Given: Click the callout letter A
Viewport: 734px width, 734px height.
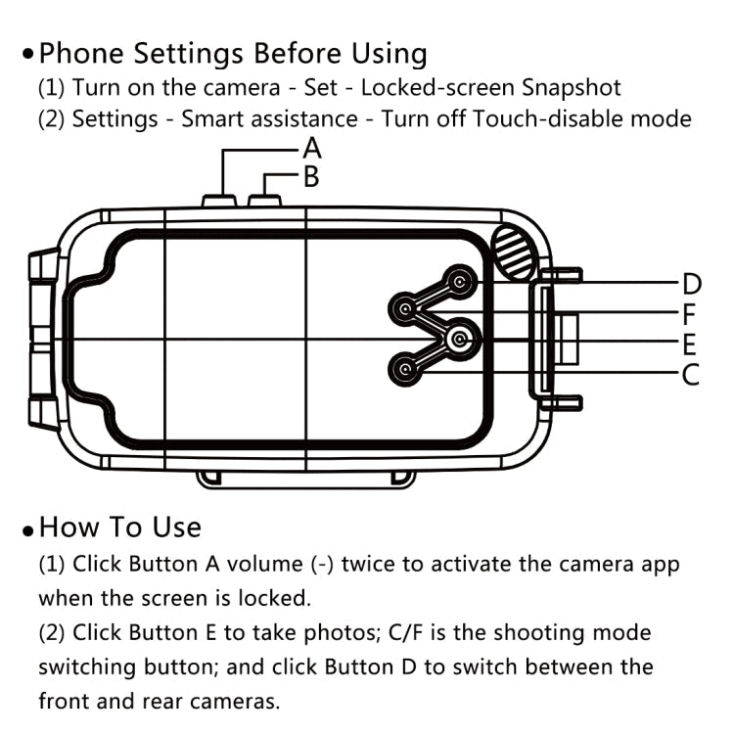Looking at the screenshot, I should click(312, 149).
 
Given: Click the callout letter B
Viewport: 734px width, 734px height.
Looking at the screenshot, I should click(311, 177).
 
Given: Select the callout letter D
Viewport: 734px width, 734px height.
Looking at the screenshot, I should click(691, 285).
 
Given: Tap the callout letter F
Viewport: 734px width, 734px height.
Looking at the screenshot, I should click(690, 315).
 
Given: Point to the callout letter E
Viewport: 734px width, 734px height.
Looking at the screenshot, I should click(690, 344).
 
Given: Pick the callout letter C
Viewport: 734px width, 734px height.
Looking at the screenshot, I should click(690, 374).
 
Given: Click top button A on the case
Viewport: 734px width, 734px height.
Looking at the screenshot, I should click(220, 201).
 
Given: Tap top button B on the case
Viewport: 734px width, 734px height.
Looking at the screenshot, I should click(265, 201).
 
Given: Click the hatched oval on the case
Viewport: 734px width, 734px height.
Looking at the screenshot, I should click(513, 251).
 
